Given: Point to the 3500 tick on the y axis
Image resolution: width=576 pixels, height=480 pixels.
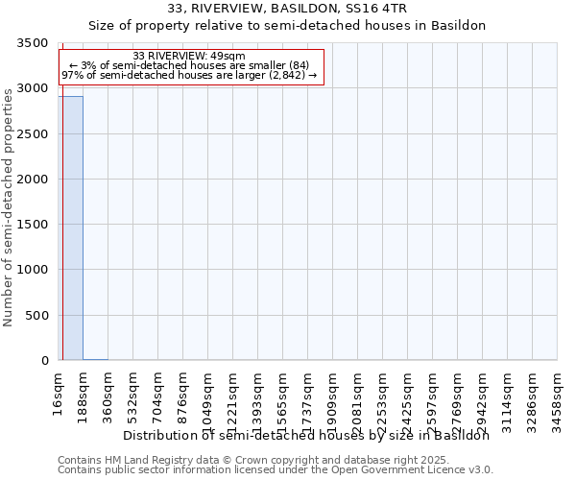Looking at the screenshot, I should click(x=33, y=44).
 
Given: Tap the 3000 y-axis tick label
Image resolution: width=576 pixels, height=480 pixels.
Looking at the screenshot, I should click(x=33, y=89).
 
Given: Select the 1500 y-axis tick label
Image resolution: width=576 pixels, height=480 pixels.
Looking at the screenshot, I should click(x=33, y=226).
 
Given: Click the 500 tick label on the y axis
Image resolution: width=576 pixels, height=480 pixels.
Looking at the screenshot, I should click(x=36, y=316).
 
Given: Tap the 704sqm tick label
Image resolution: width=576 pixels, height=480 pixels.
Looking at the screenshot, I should click(x=158, y=393).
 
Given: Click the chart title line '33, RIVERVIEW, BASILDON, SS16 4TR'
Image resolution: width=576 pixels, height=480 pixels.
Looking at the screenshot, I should click(x=287, y=9).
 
